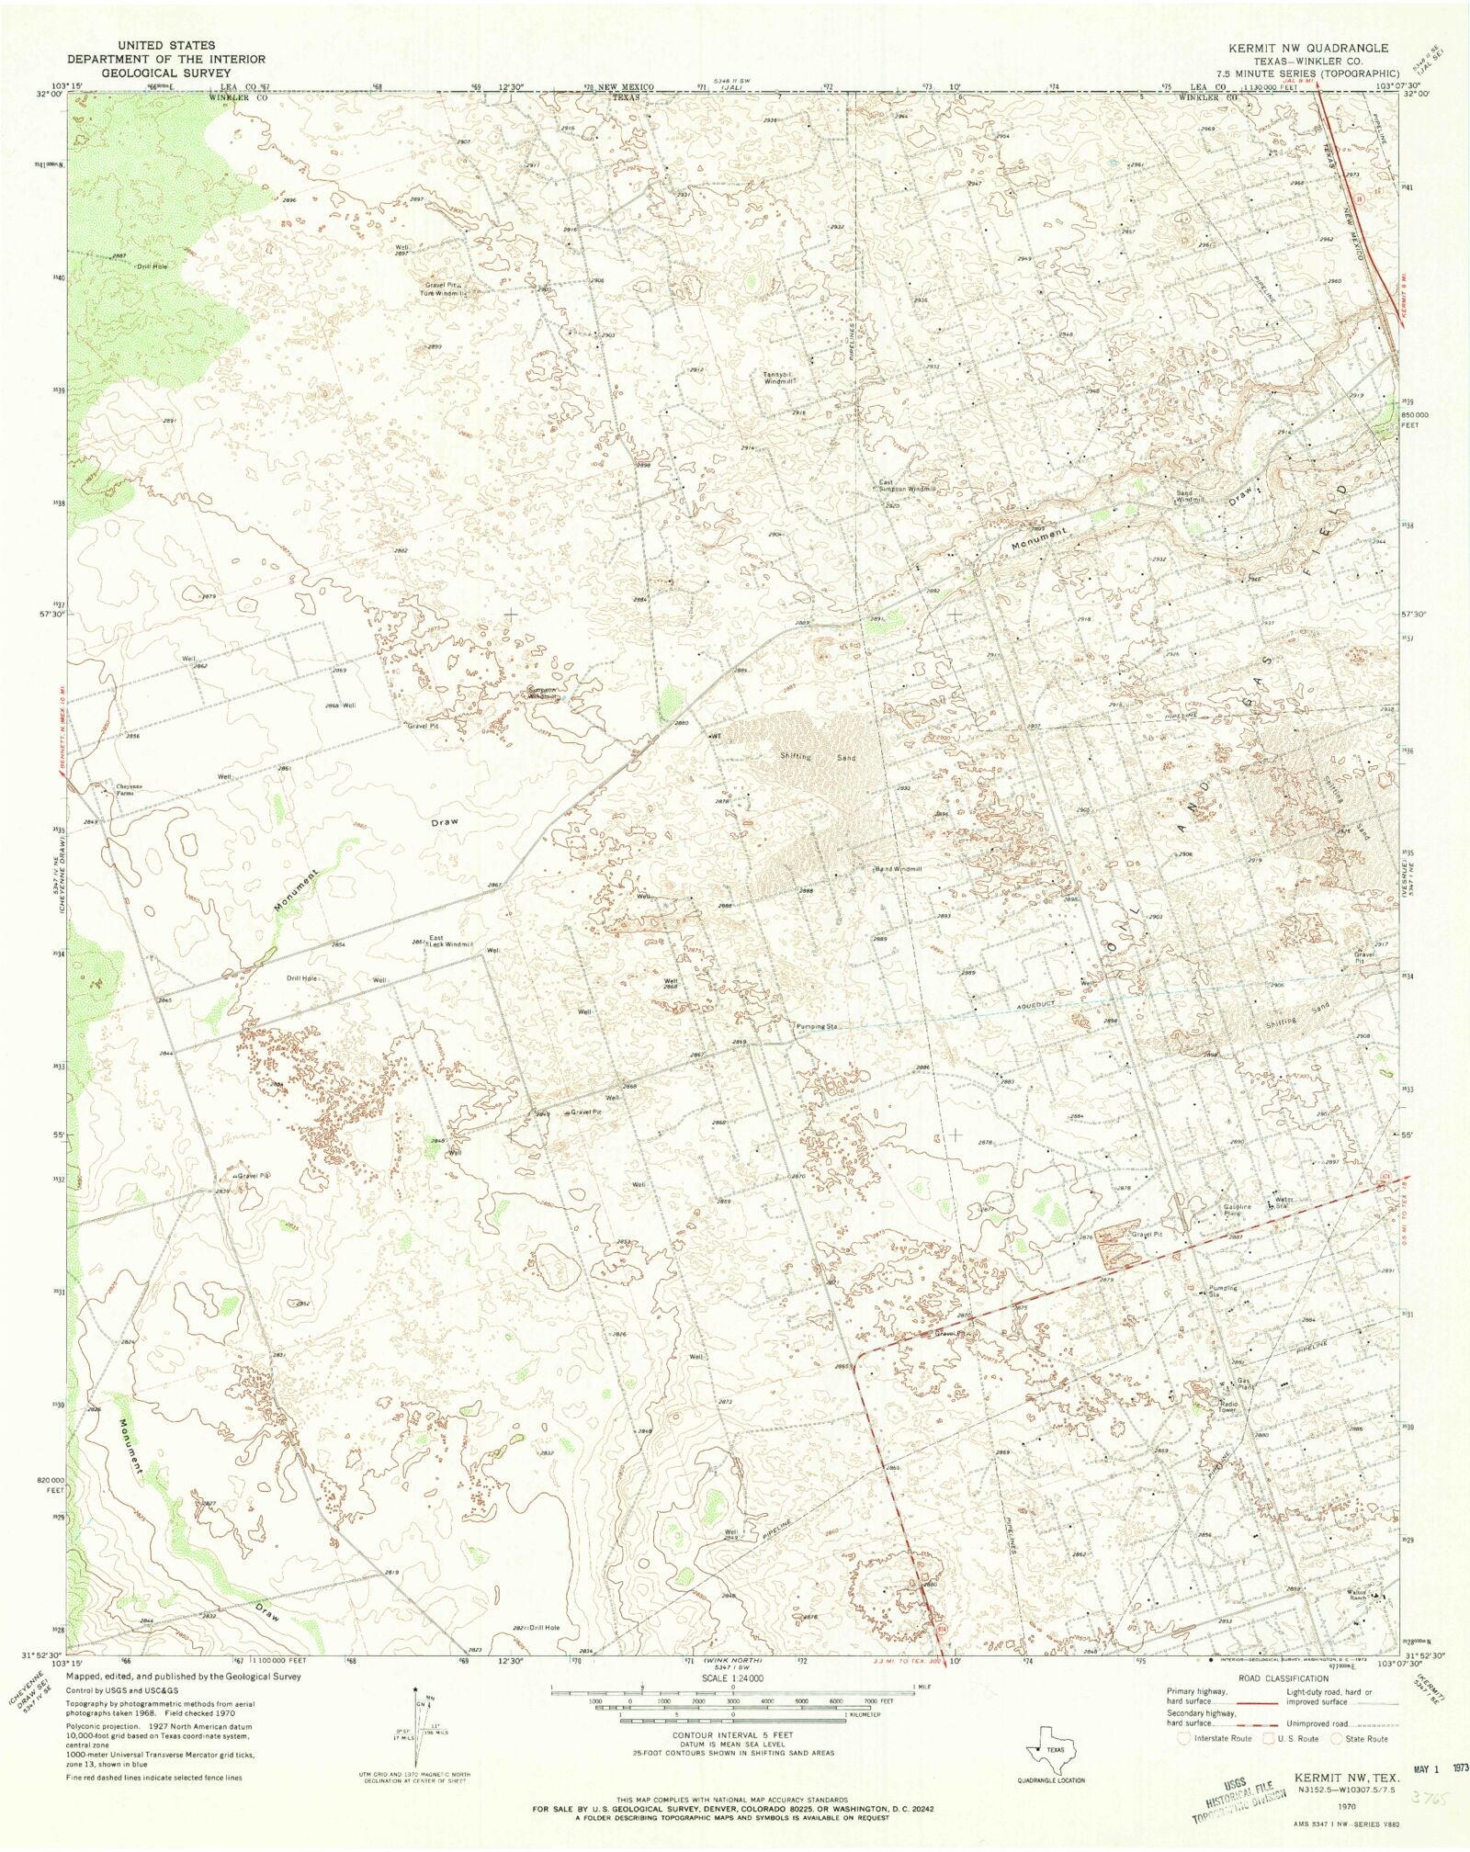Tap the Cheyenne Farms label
coord(130,788)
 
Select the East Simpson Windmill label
coord(906,486)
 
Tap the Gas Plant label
coord(1245,1383)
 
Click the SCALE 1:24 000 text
coord(732,1677)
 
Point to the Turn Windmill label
coord(445,294)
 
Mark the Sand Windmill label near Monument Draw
coord(1184,496)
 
